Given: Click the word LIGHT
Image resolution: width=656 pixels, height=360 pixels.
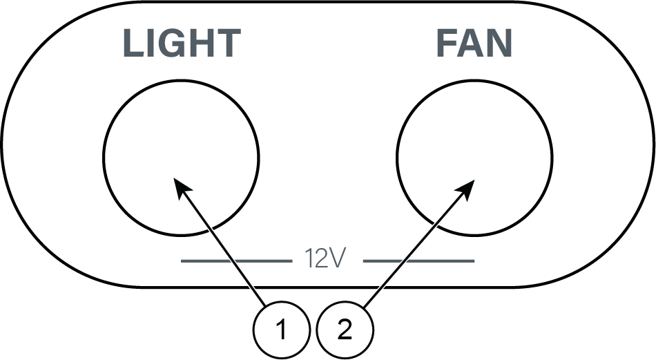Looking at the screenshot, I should [x=181, y=44].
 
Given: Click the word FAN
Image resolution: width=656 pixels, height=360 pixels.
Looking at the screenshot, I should [x=474, y=44].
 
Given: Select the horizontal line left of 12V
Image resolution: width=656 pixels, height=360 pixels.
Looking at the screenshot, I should [x=235, y=260].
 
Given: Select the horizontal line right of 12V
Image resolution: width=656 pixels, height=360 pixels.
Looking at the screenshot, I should [x=419, y=260].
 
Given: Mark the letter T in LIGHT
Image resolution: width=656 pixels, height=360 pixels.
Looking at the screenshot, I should [x=227, y=44].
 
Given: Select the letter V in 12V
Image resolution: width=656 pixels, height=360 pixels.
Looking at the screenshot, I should [x=337, y=259].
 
